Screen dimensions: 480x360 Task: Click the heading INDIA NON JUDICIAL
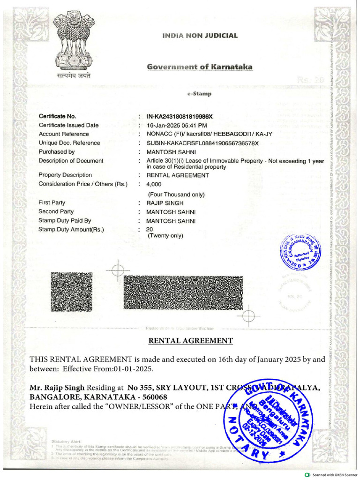(x=200, y=35)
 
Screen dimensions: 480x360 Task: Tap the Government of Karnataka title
(x=200, y=67)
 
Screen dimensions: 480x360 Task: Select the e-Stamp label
(x=199, y=94)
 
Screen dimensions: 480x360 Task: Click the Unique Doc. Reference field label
(x=69, y=143)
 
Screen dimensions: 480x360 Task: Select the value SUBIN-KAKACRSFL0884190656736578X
(x=202, y=143)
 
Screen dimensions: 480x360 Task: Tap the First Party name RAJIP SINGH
(x=165, y=203)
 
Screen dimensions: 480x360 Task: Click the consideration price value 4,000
(x=154, y=184)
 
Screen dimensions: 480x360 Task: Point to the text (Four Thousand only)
(x=176, y=194)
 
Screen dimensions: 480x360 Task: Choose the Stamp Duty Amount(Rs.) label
(x=71, y=230)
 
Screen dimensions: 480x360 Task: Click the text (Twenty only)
(x=165, y=236)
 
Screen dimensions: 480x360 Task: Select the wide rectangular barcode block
(x=183, y=292)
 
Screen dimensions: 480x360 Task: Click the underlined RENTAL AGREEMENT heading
(x=190, y=341)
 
